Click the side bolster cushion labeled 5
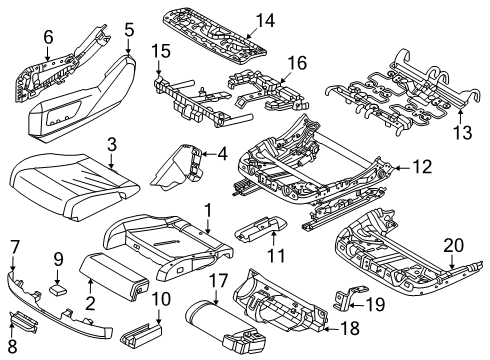[103, 84]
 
